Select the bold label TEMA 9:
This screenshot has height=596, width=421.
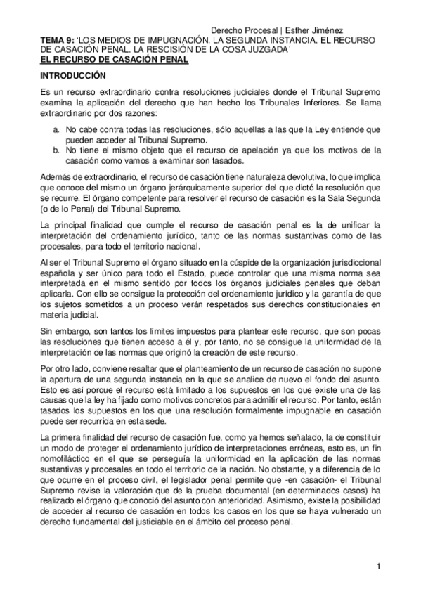57,41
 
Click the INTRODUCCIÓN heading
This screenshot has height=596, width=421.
73,75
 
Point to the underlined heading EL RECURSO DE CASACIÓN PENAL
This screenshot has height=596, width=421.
114,60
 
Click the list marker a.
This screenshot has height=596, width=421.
56,131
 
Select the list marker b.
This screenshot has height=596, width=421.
56,150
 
